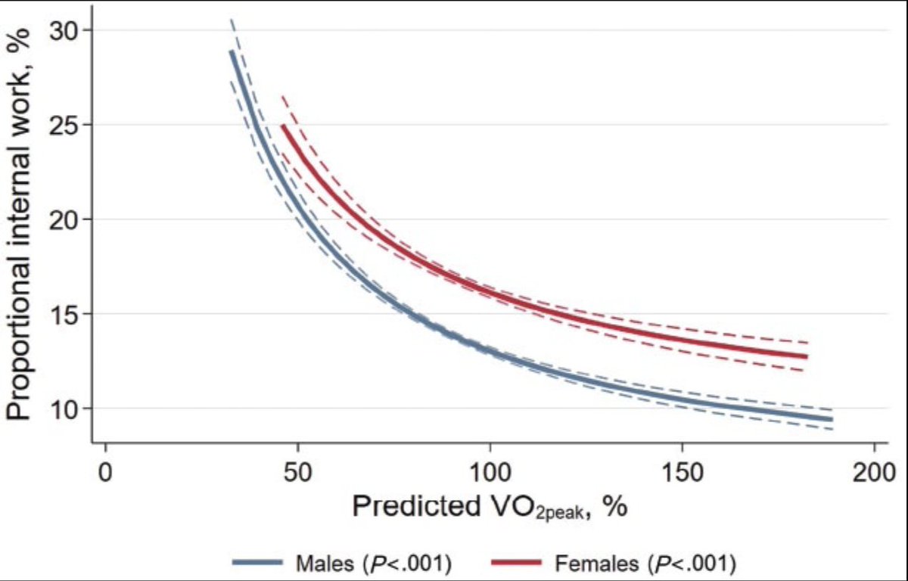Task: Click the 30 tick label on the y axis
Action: coord(66,30)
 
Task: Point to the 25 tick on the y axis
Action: coord(66,125)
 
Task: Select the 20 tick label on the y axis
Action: coord(66,219)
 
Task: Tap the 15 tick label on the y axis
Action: coord(66,314)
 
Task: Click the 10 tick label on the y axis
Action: coord(66,409)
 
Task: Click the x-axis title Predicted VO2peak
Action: coord(489,506)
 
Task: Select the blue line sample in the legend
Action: coord(258,562)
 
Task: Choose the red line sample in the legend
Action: coord(517,562)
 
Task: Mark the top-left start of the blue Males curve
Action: coord(232,51)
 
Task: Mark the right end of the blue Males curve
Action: coord(832,419)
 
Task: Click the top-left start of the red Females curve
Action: coord(283,126)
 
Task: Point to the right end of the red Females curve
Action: coord(807,356)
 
